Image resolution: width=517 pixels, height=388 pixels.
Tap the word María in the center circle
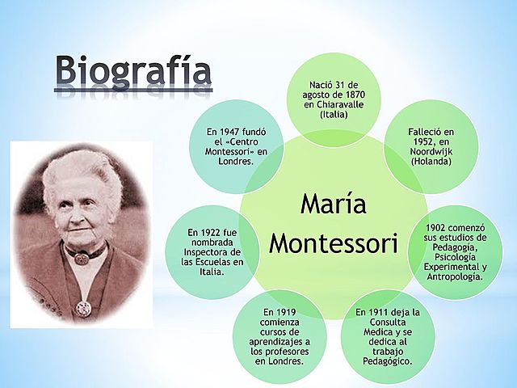[x=334, y=204]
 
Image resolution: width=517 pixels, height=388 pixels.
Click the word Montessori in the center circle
[x=334, y=242]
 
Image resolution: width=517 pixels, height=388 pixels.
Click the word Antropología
[x=455, y=276]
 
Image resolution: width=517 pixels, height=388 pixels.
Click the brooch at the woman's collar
[x=81, y=259]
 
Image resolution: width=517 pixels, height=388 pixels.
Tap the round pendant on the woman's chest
[x=82, y=307]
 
